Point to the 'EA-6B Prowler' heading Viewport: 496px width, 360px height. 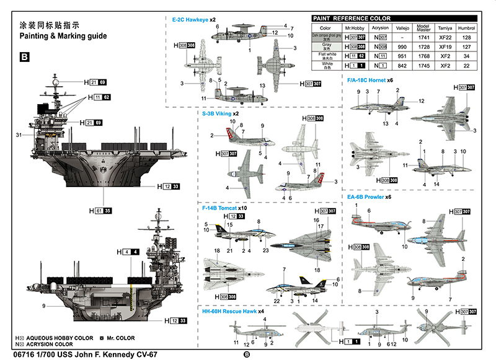tap(365, 197)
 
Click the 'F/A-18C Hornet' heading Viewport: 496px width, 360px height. tap(367, 80)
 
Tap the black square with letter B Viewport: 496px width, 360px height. tap(24, 58)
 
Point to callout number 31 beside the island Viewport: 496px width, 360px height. tap(19, 135)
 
